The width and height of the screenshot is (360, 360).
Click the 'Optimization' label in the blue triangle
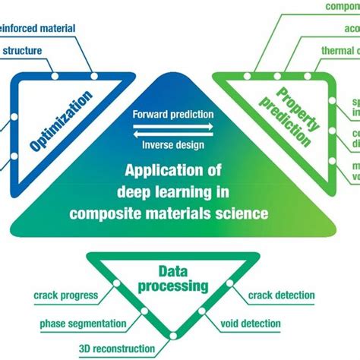[62, 121]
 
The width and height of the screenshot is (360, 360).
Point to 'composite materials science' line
[169, 213]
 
